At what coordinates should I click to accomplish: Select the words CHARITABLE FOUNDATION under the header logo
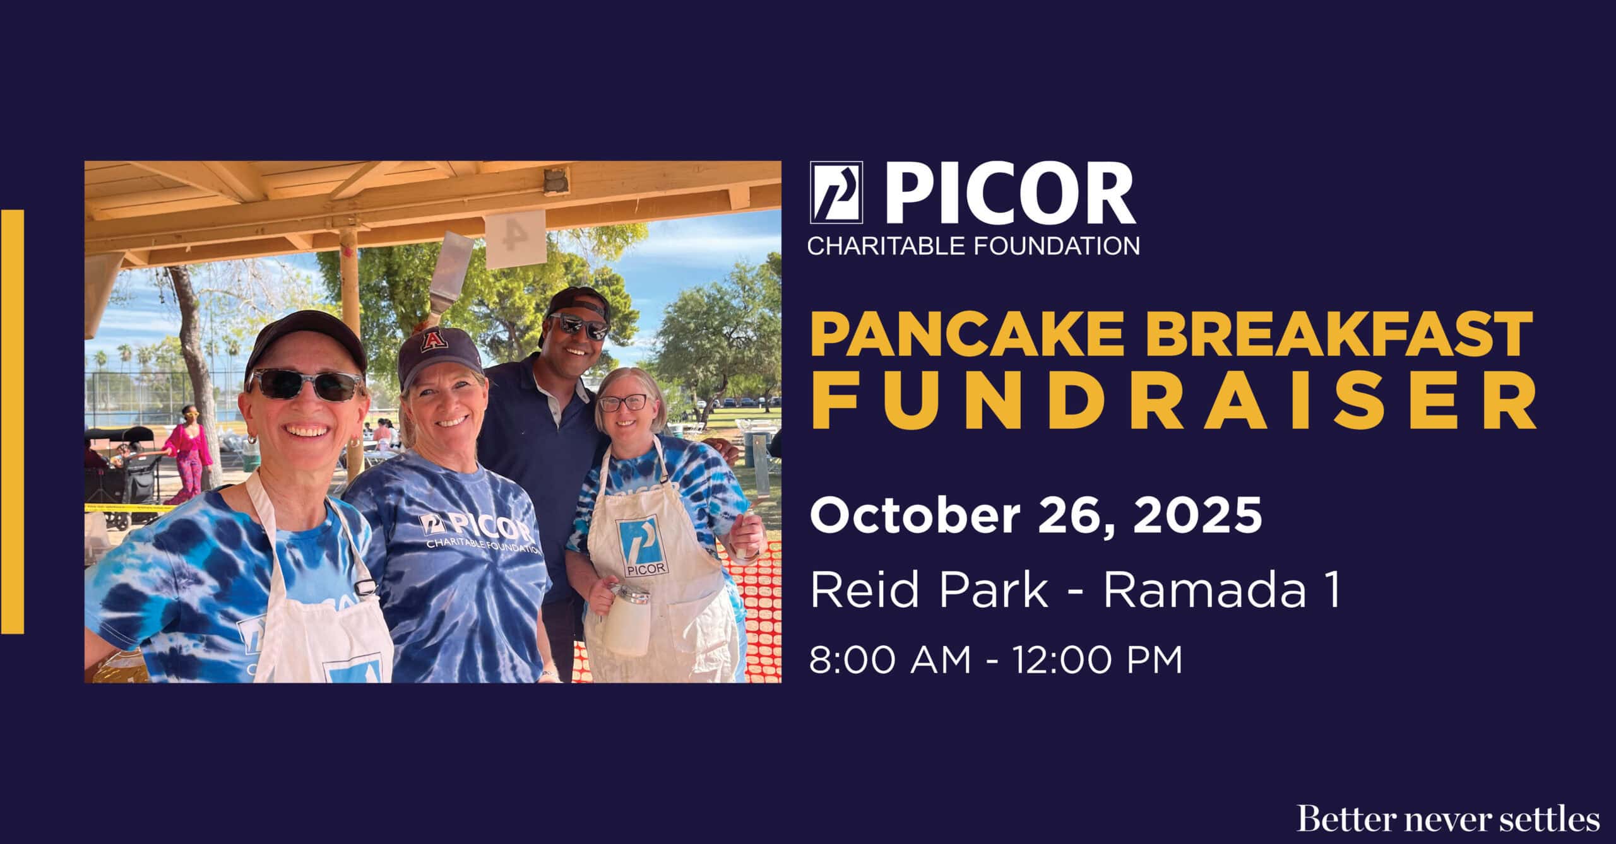pyautogui.click(x=974, y=245)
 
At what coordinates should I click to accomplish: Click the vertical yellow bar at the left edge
pyautogui.click(x=12, y=421)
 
